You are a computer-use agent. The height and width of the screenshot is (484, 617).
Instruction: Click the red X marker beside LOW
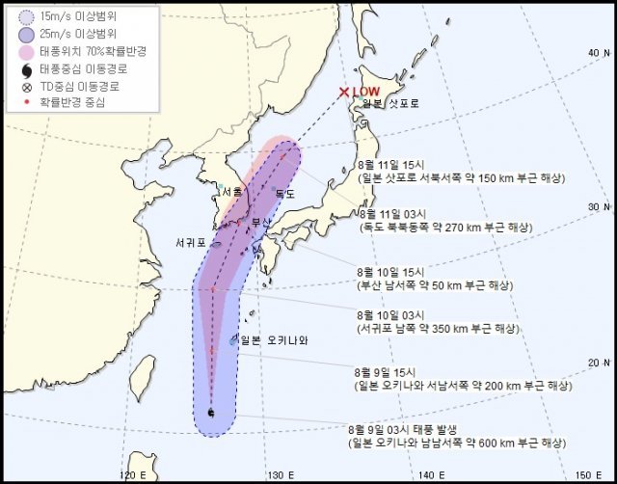(x=344, y=93)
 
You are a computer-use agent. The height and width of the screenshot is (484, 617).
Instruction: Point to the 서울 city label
(x=231, y=191)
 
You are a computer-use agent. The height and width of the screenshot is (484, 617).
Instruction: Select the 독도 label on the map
(x=285, y=194)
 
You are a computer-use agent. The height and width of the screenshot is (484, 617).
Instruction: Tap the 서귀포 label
(x=190, y=241)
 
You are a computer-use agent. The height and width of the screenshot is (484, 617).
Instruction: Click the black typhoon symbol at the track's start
(x=211, y=414)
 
